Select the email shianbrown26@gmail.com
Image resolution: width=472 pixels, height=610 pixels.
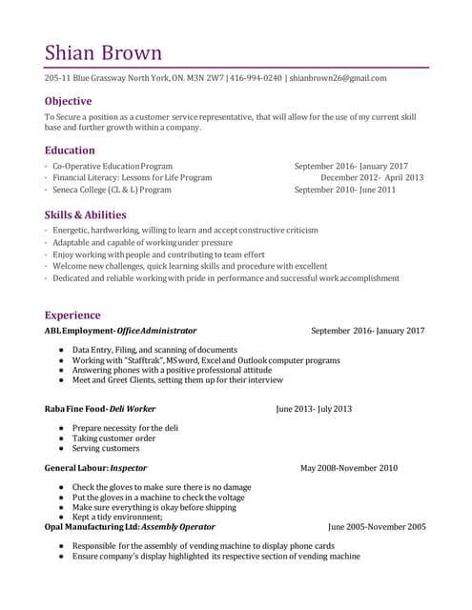(x=338, y=78)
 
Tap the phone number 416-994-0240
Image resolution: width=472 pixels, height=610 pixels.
(x=256, y=78)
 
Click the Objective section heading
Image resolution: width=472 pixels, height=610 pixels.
(x=68, y=101)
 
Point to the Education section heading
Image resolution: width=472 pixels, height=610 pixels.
(x=70, y=150)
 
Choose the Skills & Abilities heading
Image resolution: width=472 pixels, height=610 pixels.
(x=85, y=214)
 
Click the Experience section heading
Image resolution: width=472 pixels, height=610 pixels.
(x=72, y=315)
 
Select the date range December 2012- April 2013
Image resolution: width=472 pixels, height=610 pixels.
(x=372, y=177)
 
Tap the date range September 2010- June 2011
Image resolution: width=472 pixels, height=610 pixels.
(x=345, y=190)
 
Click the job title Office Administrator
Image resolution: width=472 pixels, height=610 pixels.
(x=156, y=331)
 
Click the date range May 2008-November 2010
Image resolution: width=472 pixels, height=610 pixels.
(x=349, y=468)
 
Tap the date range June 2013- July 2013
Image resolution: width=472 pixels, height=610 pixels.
(x=314, y=409)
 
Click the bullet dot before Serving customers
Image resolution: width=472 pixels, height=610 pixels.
(x=61, y=448)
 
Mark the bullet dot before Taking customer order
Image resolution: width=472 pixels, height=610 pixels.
(x=61, y=438)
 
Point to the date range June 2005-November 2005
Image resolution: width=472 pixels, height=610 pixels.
(x=377, y=526)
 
